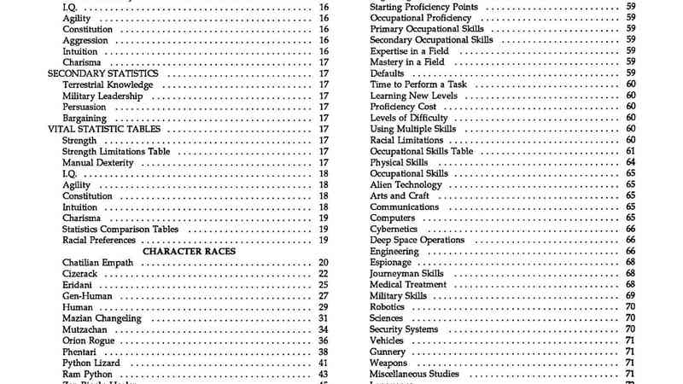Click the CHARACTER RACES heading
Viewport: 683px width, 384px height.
pyautogui.click(x=189, y=252)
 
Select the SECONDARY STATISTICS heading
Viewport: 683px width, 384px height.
pyautogui.click(x=103, y=73)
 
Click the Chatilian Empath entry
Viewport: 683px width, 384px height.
pyautogui.click(x=97, y=263)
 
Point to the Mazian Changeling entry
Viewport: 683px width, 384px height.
pyautogui.click(x=101, y=318)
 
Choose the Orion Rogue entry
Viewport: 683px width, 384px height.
pyautogui.click(x=89, y=340)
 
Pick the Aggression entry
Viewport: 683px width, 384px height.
pyautogui.click(x=85, y=40)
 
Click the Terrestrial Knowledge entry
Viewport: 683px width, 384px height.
pyautogui.click(x=108, y=84)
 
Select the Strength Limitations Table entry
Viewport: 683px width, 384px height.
pyautogui.click(x=116, y=151)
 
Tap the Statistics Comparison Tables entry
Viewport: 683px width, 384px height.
pyautogui.click(x=120, y=229)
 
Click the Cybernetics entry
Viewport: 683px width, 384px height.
pyautogui.click(x=394, y=229)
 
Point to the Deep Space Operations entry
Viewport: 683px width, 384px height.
pyautogui.click(x=417, y=240)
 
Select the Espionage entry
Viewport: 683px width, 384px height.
pyautogui.click(x=391, y=263)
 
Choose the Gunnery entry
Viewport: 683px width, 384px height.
pyautogui.click(x=388, y=352)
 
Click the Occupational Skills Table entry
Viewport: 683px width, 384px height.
pyautogui.click(x=421, y=151)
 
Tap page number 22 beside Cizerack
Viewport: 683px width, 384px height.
pyautogui.click(x=324, y=274)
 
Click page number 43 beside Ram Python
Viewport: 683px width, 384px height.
pyautogui.click(x=324, y=374)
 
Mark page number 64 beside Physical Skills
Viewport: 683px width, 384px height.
pyautogui.click(x=630, y=162)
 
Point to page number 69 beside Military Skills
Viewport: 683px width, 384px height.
pyautogui.click(x=630, y=296)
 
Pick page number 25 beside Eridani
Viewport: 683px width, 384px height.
pyautogui.click(x=324, y=285)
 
